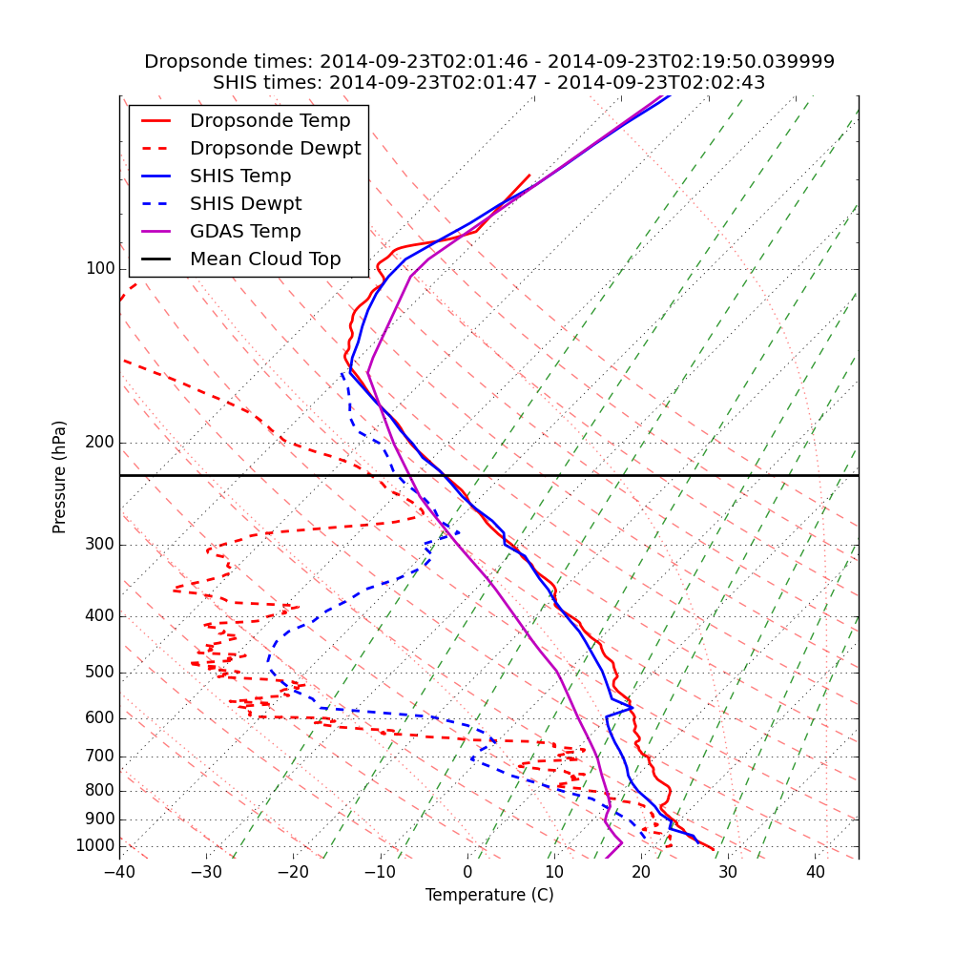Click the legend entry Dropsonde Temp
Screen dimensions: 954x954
270,121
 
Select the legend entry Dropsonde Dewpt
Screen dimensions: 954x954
275,149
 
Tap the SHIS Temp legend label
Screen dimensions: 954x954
240,176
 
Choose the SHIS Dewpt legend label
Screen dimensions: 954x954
245,204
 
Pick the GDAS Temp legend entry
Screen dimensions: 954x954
245,232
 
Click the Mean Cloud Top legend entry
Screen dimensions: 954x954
265,259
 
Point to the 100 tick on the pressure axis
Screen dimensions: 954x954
100,269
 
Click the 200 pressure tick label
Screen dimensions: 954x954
100,443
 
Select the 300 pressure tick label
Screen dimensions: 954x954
100,545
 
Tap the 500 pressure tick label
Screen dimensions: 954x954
100,673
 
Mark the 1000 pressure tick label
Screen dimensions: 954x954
95,846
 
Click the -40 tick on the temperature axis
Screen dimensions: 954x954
119,872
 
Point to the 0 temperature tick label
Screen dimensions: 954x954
467,872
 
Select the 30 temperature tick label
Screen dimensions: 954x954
728,872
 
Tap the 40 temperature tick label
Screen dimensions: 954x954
815,872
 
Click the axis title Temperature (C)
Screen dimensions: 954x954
489,895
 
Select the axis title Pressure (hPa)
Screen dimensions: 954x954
60,477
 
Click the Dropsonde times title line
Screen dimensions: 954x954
489,62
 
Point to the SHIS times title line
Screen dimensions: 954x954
489,83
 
